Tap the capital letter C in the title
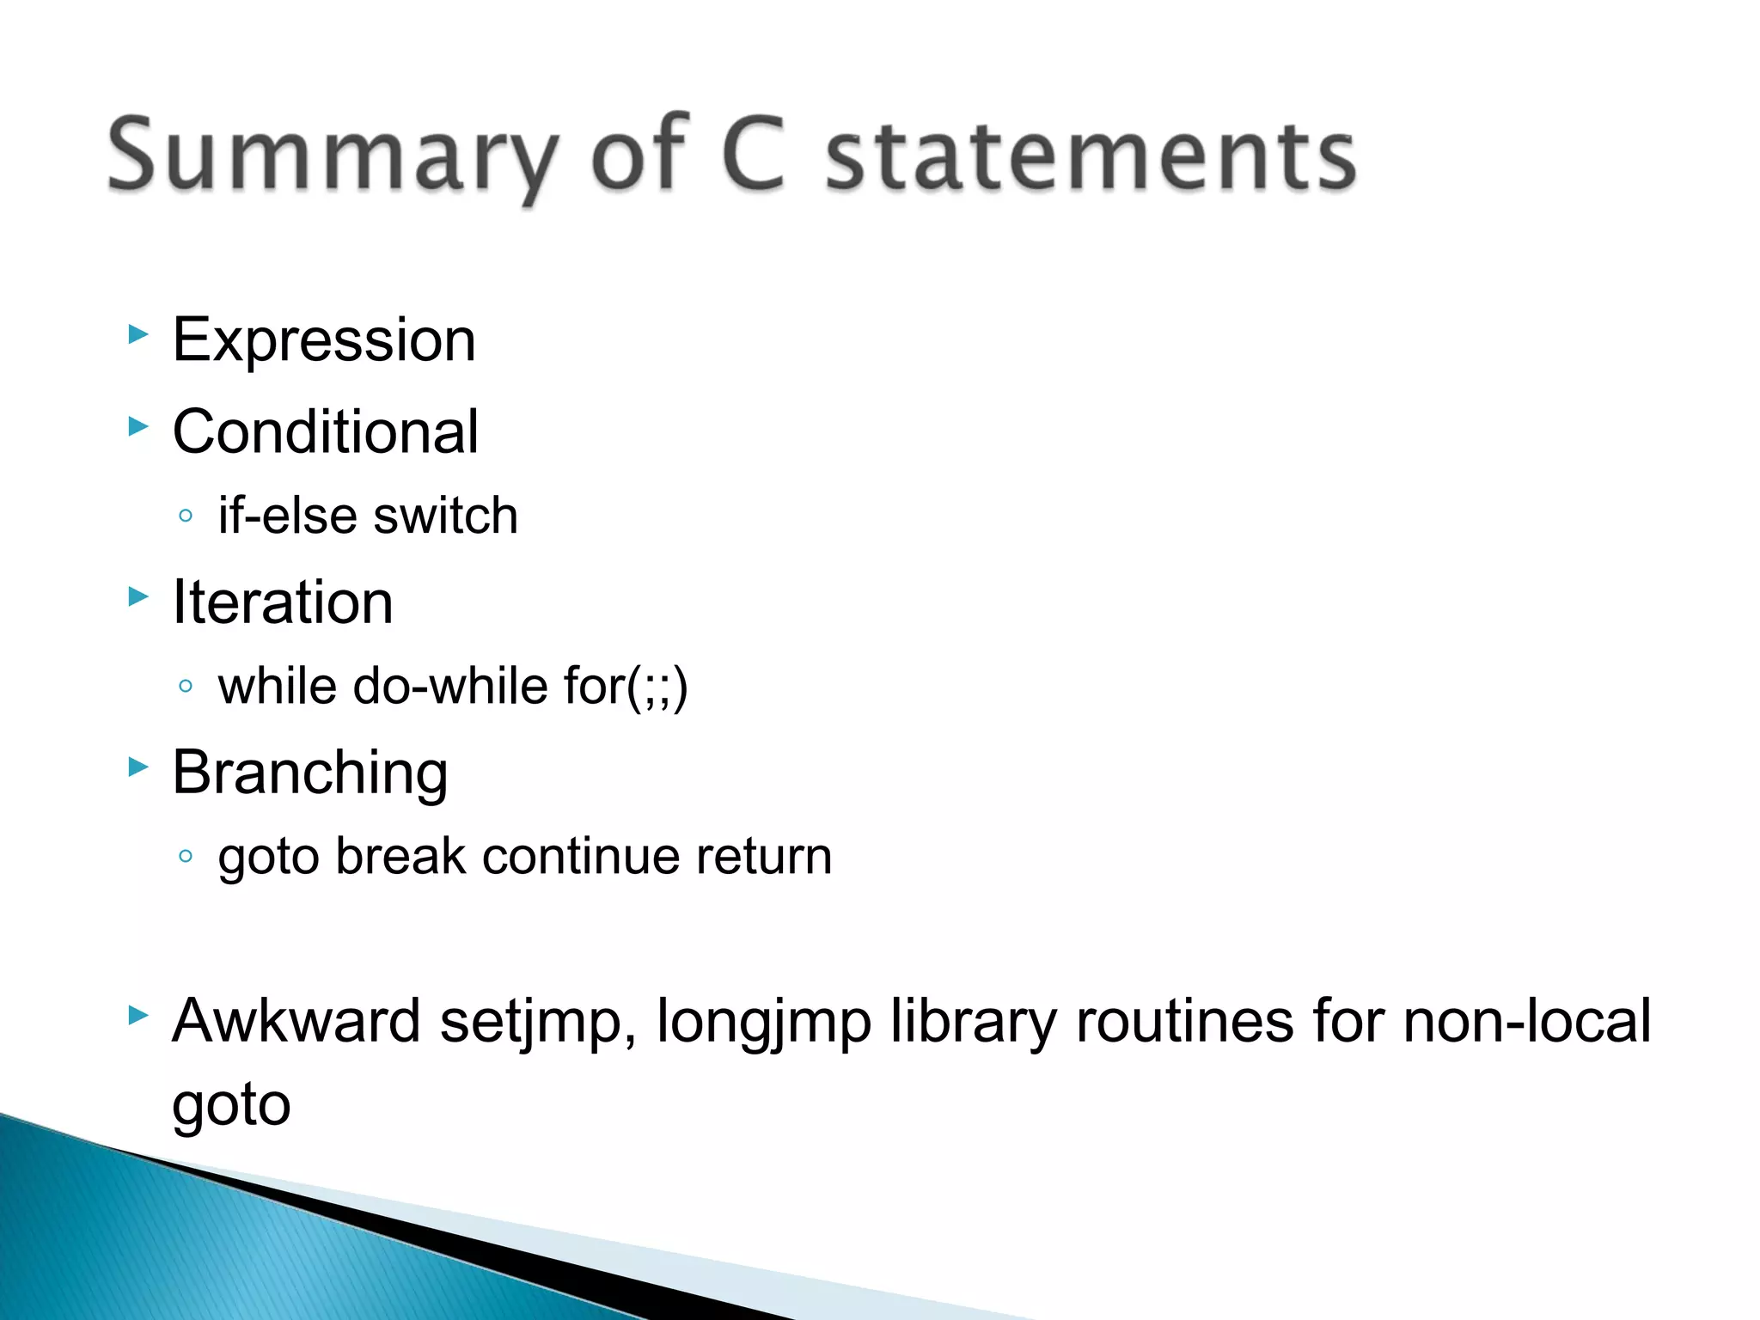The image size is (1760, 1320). click(754, 155)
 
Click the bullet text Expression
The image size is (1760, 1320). click(324, 340)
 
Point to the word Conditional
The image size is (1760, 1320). click(325, 431)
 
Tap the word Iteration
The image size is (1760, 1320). click(283, 602)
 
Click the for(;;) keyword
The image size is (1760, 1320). click(626, 686)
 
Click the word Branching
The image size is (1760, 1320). click(309, 773)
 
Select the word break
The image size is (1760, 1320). click(400, 856)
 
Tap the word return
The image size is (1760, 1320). click(764, 856)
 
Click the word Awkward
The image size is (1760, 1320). click(296, 1021)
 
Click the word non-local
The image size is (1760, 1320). click(1526, 1021)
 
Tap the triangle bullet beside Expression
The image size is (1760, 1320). click(137, 334)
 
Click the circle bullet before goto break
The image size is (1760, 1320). click(185, 856)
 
